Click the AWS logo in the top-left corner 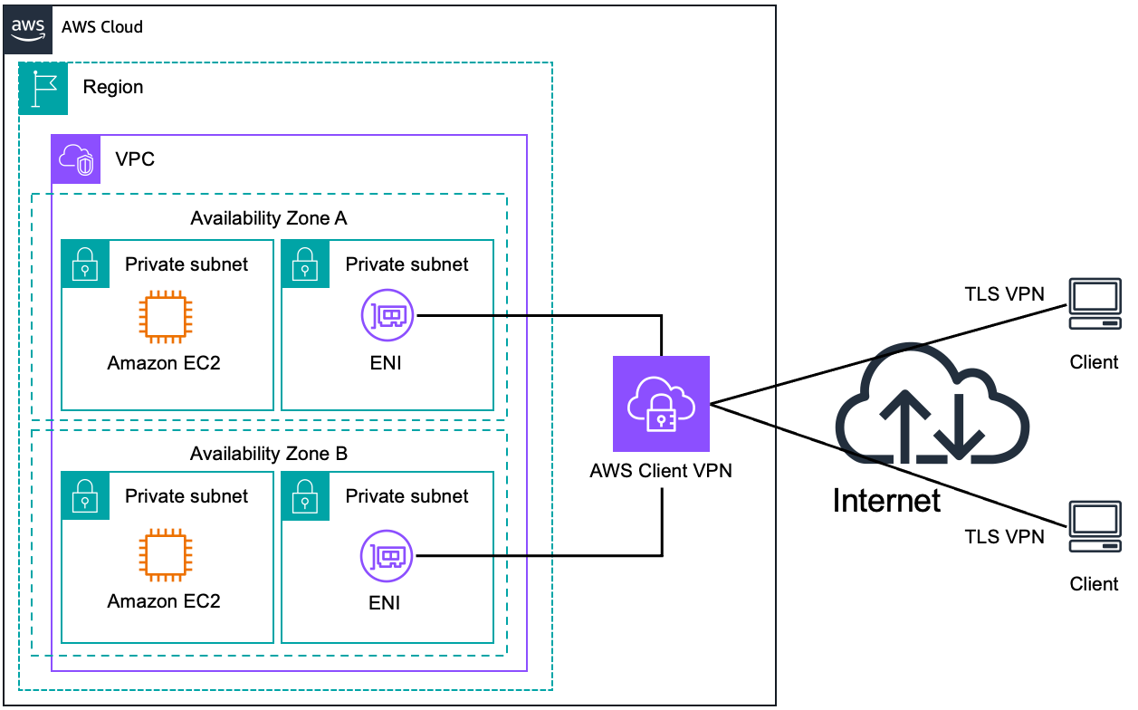click(28, 28)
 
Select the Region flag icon click(43, 88)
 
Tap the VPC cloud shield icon click(75, 159)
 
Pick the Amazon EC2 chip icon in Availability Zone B click(164, 556)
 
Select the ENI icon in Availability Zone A click(387, 316)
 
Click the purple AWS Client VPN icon click(661, 404)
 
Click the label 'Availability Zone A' click(268, 218)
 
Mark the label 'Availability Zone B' click(268, 453)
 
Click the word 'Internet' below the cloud click(886, 500)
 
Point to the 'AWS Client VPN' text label click(661, 471)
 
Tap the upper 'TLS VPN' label click(1004, 293)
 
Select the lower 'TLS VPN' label click(1004, 537)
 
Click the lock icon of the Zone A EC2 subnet click(85, 264)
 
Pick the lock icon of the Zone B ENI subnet click(305, 495)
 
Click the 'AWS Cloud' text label click(102, 27)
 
